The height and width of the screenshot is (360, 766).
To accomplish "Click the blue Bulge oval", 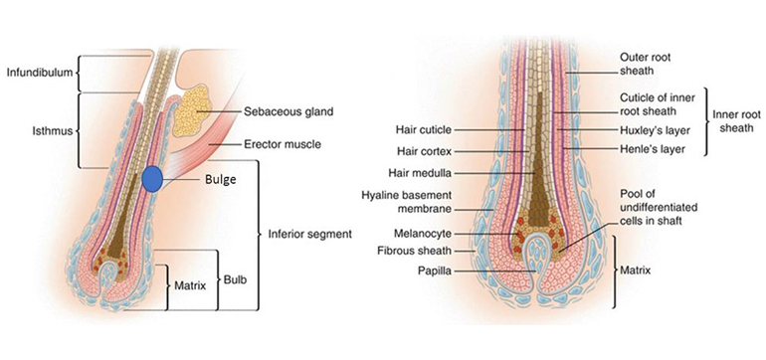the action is click(x=152, y=179).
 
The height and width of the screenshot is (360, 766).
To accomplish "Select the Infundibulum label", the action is click(x=40, y=73).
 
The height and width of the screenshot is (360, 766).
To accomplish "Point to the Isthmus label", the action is click(x=53, y=130).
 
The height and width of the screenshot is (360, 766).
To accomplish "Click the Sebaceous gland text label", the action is click(x=288, y=111).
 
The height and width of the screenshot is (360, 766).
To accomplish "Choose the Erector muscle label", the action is click(x=283, y=144).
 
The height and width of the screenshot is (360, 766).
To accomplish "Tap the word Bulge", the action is click(x=220, y=180).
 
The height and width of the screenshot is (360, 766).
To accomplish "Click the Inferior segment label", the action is click(x=310, y=234).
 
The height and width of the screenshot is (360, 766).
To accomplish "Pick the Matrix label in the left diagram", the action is click(x=190, y=285).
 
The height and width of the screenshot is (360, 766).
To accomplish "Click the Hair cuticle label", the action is click(x=424, y=130).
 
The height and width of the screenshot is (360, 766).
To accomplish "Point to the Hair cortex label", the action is click(x=425, y=151).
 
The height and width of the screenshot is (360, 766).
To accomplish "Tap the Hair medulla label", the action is click(x=420, y=173).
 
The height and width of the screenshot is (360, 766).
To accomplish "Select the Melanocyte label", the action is click(x=424, y=234).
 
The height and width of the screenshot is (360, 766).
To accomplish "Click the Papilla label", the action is click(x=435, y=270).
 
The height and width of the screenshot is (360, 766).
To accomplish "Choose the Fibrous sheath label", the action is click(x=415, y=251).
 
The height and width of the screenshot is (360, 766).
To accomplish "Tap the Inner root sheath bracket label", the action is click(x=737, y=121).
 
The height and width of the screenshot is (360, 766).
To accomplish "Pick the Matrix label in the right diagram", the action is click(x=636, y=270).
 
